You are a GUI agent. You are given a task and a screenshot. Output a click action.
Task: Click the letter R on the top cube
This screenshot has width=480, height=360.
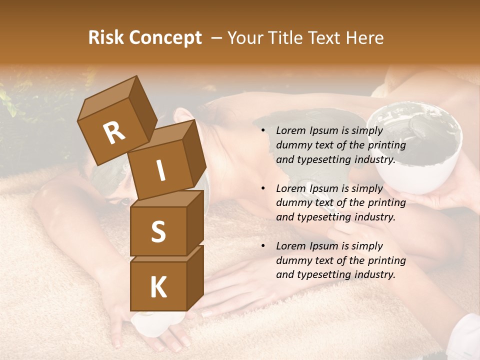pos(114,133)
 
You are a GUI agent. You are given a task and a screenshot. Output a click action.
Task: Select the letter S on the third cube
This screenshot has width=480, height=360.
pos(158,232)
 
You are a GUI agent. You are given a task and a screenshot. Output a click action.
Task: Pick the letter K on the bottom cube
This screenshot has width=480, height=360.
pos(158,288)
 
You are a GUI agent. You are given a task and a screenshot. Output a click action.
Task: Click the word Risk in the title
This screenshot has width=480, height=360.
pos(106,37)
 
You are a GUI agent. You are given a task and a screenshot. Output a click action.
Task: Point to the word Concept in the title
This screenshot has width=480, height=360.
pos(165,38)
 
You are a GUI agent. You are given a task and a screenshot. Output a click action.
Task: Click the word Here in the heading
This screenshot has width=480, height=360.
pos(364,37)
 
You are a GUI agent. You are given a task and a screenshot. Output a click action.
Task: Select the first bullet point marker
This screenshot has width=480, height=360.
pos(263,131)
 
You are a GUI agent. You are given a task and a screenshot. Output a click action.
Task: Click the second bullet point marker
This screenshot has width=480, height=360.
pos(263,188)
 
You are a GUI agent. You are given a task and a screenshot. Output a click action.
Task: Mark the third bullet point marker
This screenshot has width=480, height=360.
pos(263,246)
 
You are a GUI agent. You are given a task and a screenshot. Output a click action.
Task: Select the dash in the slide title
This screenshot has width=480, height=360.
pos(217,38)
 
